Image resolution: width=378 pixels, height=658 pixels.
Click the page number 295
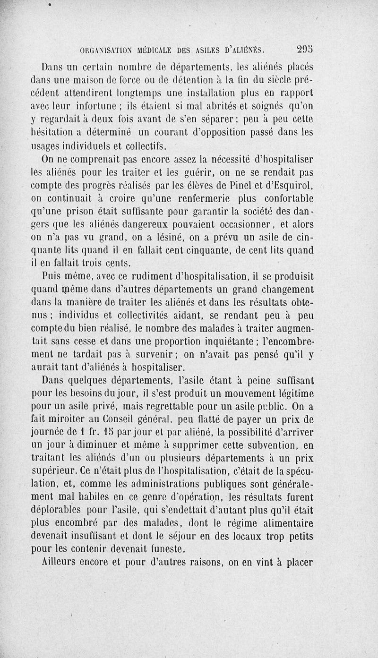306,49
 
